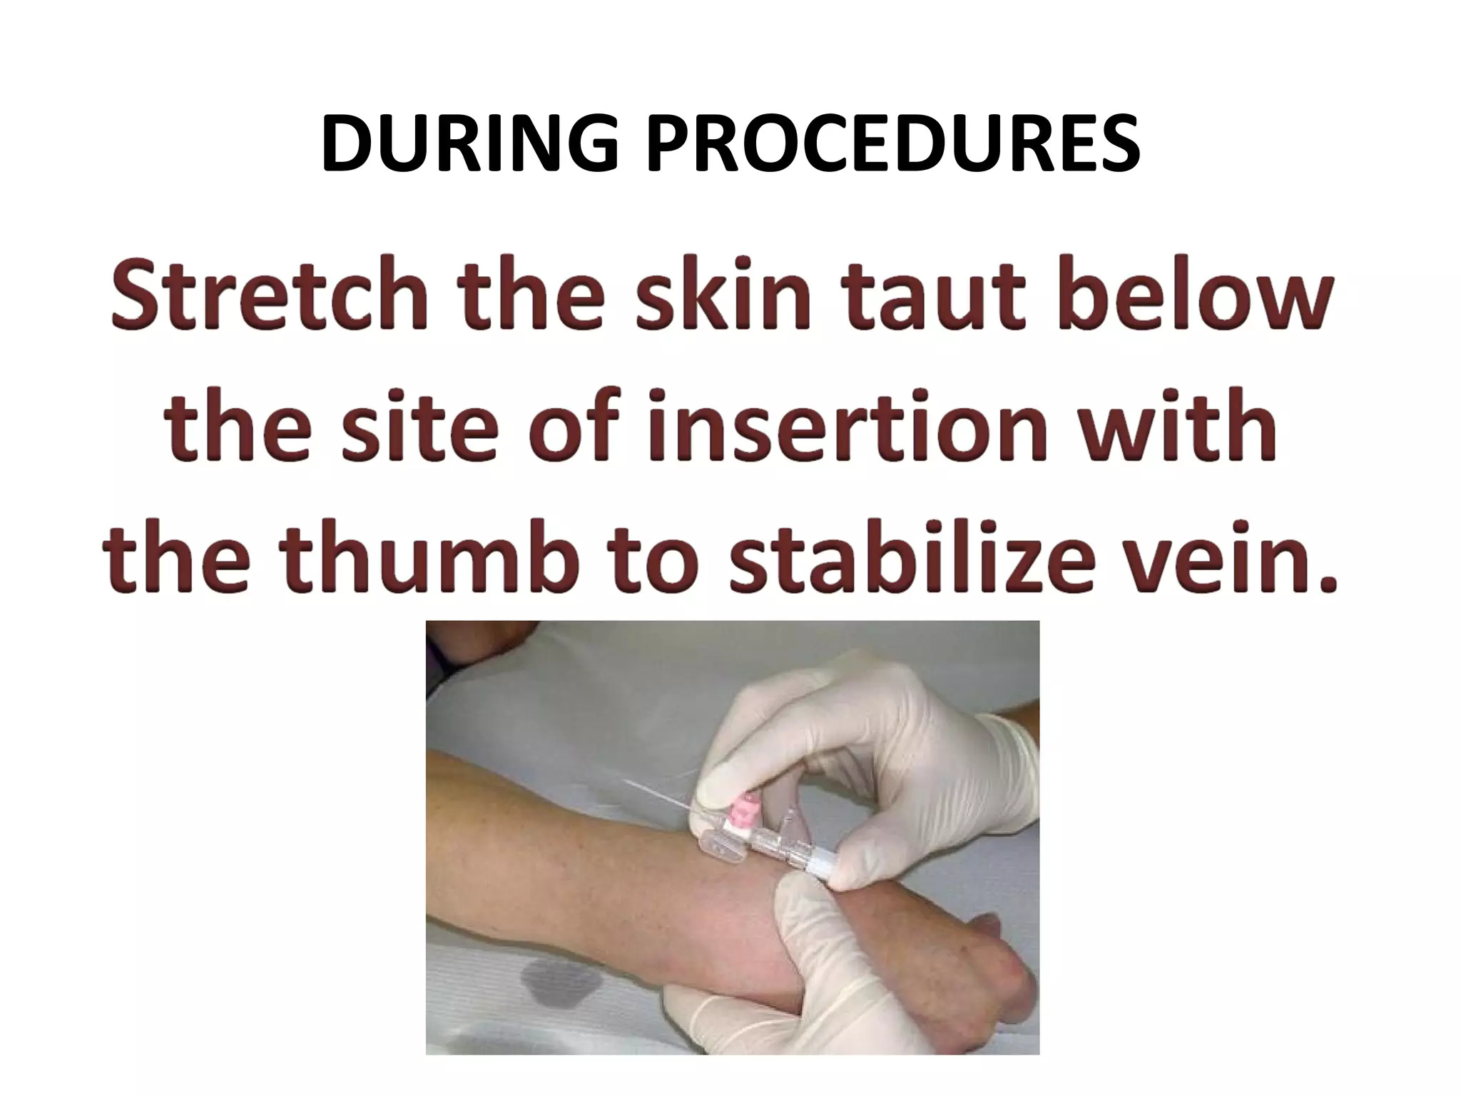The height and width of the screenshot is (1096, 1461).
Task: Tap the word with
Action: (x=1184, y=428)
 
